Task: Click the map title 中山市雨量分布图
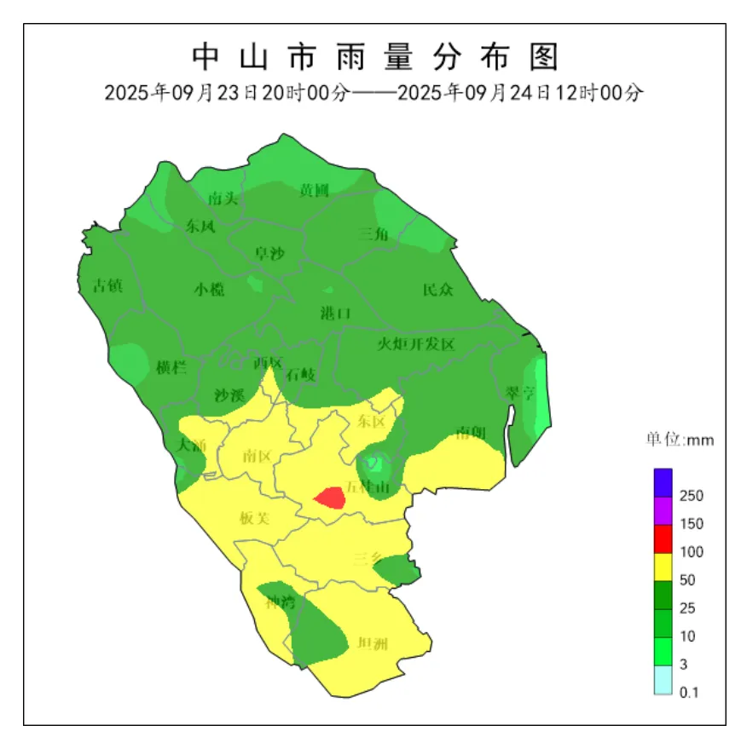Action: (x=374, y=57)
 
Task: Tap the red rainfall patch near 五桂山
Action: (x=330, y=497)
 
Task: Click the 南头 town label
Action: (x=223, y=199)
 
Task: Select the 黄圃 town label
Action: (x=314, y=191)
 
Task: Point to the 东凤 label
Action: (x=201, y=226)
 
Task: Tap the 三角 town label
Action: (x=373, y=234)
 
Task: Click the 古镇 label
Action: (x=107, y=285)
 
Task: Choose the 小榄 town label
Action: (x=209, y=289)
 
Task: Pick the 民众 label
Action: (x=438, y=290)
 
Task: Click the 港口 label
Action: (x=335, y=314)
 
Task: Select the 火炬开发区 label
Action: (x=417, y=344)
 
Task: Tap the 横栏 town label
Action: (x=171, y=367)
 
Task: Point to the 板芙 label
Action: (x=254, y=518)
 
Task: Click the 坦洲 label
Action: (x=373, y=643)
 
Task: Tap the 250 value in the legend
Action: (x=692, y=496)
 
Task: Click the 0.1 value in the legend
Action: (x=689, y=693)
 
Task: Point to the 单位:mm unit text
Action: (x=679, y=440)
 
